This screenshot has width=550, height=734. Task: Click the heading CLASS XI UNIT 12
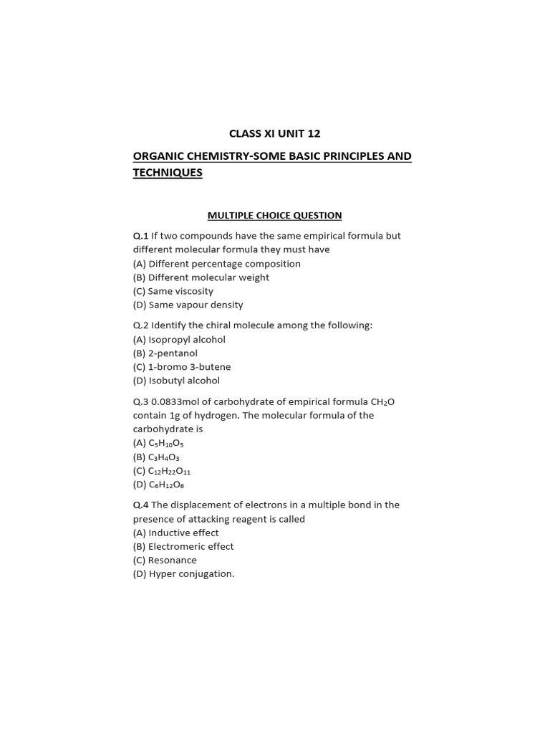(274, 133)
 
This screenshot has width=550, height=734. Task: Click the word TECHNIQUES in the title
(168, 173)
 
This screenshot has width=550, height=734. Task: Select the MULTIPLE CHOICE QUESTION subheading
(274, 215)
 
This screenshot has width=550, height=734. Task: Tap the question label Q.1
(140, 236)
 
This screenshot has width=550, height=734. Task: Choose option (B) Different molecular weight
(201, 277)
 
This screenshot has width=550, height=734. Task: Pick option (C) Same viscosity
(173, 291)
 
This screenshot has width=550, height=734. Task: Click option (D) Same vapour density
(188, 305)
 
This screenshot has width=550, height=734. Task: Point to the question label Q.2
(140, 325)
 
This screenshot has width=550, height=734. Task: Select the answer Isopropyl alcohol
(187, 340)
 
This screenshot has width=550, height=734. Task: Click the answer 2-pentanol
(173, 353)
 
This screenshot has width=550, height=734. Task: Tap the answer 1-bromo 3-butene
(190, 367)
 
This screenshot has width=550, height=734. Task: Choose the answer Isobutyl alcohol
(184, 381)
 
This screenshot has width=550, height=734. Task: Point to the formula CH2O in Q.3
(380, 401)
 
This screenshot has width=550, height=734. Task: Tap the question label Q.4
(140, 505)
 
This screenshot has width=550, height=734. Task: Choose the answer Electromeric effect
(191, 546)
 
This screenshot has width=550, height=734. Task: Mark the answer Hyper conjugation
(191, 574)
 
